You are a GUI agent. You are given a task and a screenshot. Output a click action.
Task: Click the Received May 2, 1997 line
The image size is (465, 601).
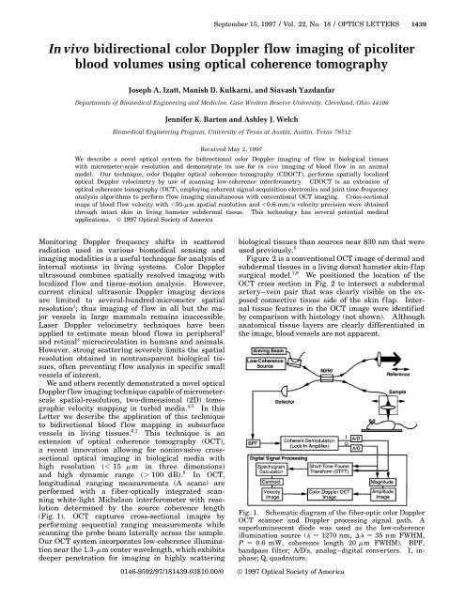[x=232, y=148]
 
